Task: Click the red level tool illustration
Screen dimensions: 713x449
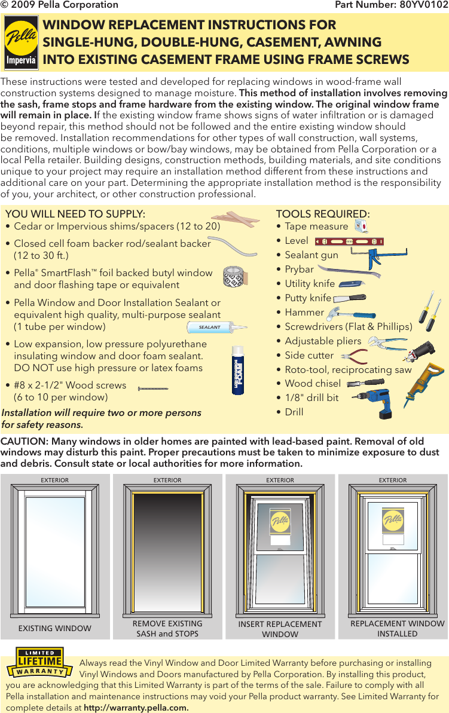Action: tap(349, 242)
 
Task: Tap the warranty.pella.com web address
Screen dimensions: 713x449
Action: tap(136, 708)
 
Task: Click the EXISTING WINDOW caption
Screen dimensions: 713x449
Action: tap(55, 628)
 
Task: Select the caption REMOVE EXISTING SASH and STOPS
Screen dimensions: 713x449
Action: tap(167, 629)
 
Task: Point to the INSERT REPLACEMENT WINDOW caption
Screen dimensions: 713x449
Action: tap(280, 629)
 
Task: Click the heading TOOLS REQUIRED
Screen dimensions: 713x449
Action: tap(323, 214)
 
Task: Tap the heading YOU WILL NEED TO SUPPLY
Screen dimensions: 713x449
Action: tap(75, 214)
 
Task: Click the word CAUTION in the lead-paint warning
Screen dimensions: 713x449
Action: tap(23, 442)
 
